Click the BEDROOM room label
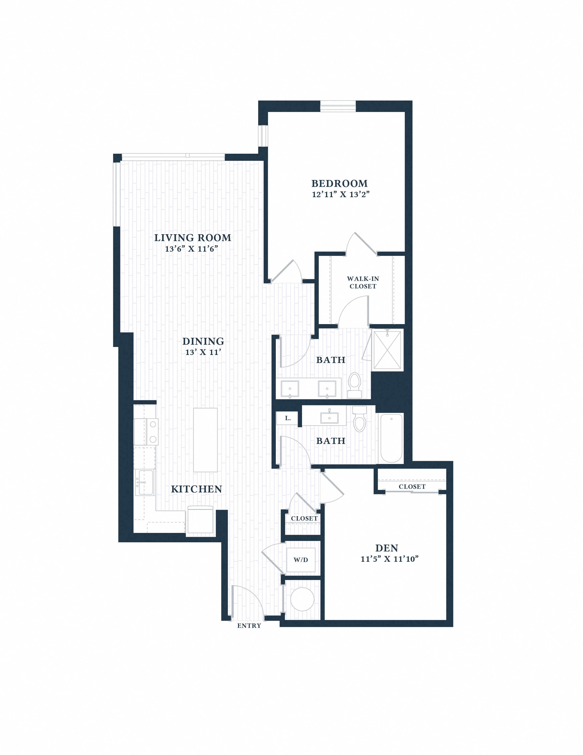(339, 184)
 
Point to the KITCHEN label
(196, 489)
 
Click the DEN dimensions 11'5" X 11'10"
(390, 559)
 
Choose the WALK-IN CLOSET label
(363, 282)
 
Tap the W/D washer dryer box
(301, 560)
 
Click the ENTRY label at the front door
(249, 626)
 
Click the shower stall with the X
(387, 349)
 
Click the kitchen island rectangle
(205, 440)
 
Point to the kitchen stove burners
(153, 432)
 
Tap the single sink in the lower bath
(329, 417)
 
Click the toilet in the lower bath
(359, 419)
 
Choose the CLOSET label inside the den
(412, 487)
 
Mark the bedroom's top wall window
(338, 106)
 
